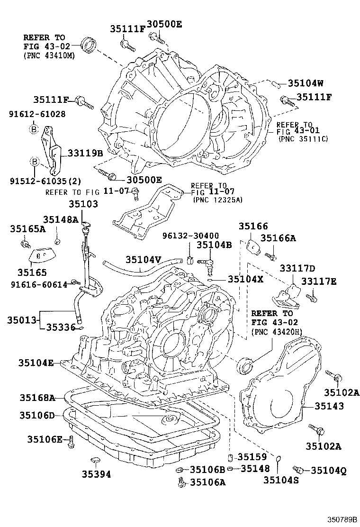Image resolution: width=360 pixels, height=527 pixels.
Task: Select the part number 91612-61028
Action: pos(37,114)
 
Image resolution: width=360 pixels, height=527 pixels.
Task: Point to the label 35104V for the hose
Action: pos(144,260)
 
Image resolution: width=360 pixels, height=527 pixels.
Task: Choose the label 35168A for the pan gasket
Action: pos(37,397)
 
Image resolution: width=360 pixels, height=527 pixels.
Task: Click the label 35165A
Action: pos(27,229)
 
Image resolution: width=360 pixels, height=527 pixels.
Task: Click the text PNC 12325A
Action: pos(217,200)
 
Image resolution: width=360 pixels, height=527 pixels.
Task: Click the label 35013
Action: pos(22,321)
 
